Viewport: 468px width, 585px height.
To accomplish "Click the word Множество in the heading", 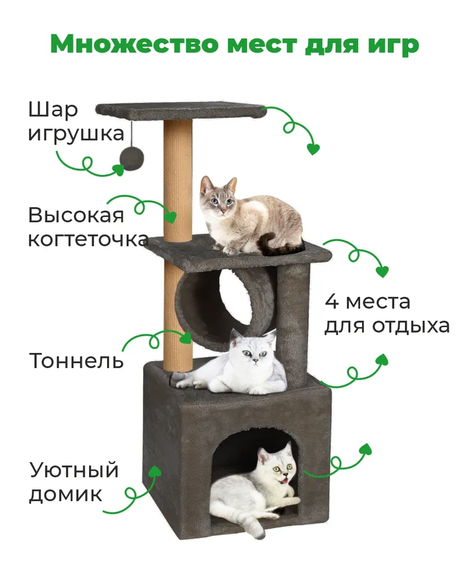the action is pyautogui.click(x=135, y=44).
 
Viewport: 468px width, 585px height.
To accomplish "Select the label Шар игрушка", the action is pyautogui.click(x=76, y=122).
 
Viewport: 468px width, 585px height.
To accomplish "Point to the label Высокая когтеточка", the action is pyautogui.click(x=88, y=227).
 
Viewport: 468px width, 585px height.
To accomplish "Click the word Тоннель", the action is pyautogui.click(x=76, y=361).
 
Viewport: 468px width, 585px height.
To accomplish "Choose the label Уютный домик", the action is pyautogui.click(x=74, y=482).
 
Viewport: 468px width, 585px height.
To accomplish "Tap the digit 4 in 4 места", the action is pyautogui.click(x=331, y=302).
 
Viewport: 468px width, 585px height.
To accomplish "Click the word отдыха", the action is pyautogui.click(x=411, y=326).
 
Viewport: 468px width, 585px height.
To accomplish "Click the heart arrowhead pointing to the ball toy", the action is pyautogui.click(x=119, y=170).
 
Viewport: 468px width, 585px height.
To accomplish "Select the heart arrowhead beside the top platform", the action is pyautogui.click(x=313, y=149).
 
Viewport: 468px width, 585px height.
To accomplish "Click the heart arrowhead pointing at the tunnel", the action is pyautogui.click(x=185, y=338).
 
